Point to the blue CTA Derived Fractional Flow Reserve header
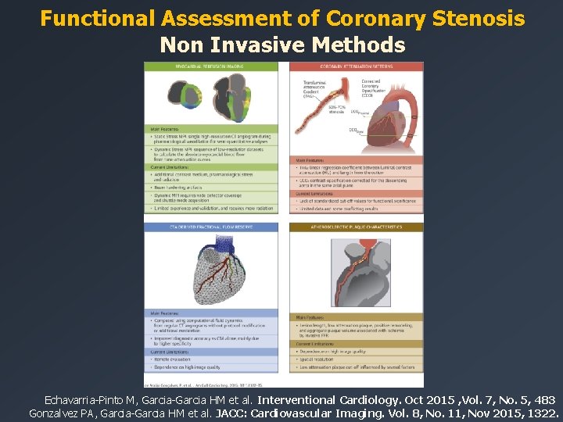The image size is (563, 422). point(211,227)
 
